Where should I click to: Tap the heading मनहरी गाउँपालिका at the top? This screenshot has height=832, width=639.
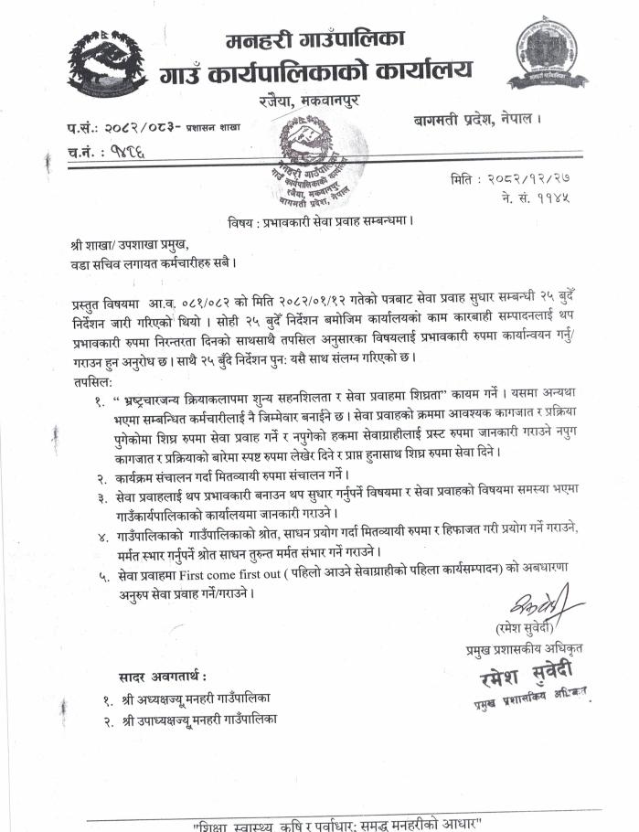pyautogui.click(x=314, y=38)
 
